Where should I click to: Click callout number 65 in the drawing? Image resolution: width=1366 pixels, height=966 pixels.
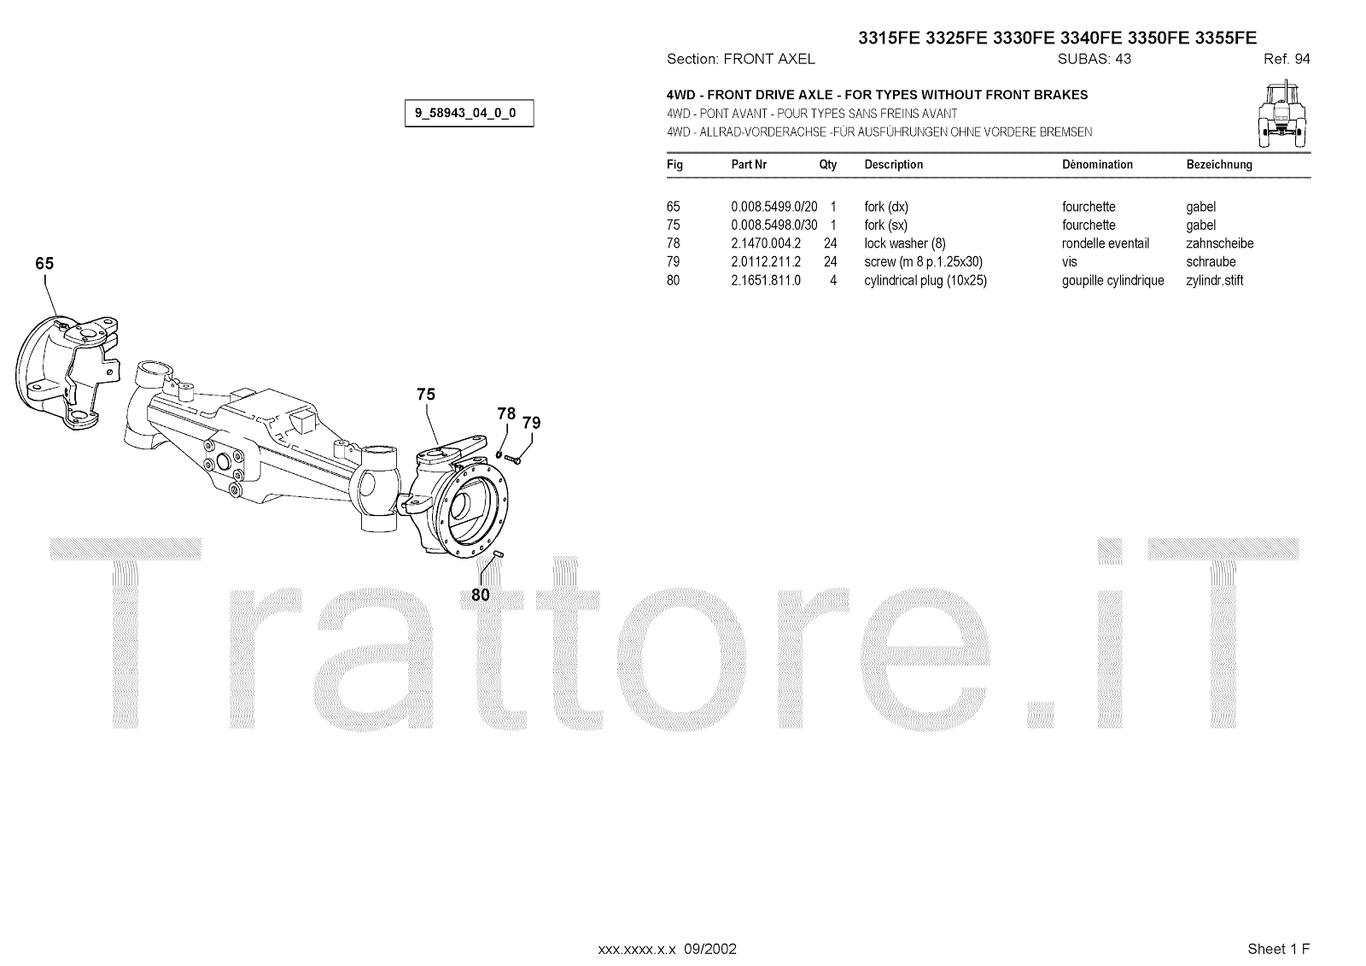pos(44,264)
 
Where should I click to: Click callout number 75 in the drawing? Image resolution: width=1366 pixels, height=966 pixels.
pos(426,394)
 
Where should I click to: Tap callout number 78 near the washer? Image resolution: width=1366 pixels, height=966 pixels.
pos(506,413)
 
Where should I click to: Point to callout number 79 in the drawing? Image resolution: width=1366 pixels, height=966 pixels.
pos(531,423)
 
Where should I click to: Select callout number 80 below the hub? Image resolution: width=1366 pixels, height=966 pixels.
pos(481,594)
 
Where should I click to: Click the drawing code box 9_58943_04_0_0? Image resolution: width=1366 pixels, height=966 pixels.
pos(469,113)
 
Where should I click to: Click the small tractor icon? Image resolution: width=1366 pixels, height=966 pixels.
pos(1285,111)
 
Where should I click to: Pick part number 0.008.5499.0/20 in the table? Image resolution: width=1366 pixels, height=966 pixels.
pos(773,207)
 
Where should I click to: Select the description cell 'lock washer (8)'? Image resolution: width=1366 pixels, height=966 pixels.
pos(904,243)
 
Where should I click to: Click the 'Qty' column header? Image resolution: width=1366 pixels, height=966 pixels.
pos(828,164)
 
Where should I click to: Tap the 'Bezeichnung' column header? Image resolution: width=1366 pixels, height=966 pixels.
pos(1219,164)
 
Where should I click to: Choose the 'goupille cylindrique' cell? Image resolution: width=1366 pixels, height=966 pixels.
pos(1112,280)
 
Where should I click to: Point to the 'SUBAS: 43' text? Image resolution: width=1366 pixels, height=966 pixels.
pos(1094,59)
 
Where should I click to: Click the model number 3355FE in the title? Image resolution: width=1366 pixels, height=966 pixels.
pos(1226,38)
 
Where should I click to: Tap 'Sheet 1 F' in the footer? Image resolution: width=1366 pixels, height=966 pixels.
pos(1278,949)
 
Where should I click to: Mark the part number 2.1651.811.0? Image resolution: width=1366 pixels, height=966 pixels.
pos(766,280)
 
